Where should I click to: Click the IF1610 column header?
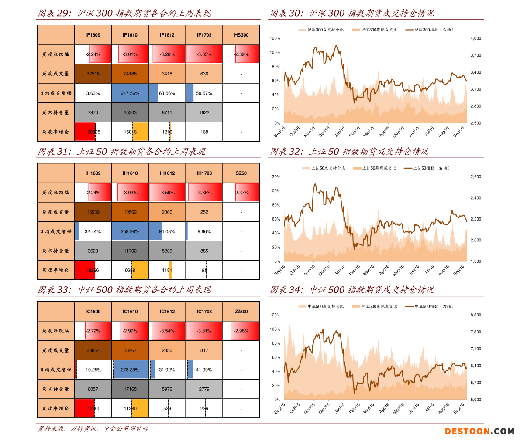pos(130,35)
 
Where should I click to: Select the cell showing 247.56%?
pos(130,93)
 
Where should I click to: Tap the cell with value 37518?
pos(93,74)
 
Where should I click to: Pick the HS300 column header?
pos(241,35)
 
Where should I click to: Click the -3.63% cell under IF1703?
pos(204,54)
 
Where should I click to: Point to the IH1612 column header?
pos(167,173)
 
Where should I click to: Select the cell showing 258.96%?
pos(130,231)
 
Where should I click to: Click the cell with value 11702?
pos(130,251)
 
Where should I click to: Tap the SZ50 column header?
pos(241,173)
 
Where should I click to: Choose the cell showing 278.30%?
pos(130,370)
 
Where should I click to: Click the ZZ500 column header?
pos(241,312)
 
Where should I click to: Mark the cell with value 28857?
pos(93,350)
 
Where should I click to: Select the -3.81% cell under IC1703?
pos(204,331)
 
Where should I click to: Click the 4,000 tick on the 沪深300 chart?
pos(475,38)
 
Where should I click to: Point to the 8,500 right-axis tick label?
pos(475,315)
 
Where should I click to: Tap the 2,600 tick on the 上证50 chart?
pos(475,177)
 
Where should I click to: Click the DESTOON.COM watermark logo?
pos(479,431)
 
